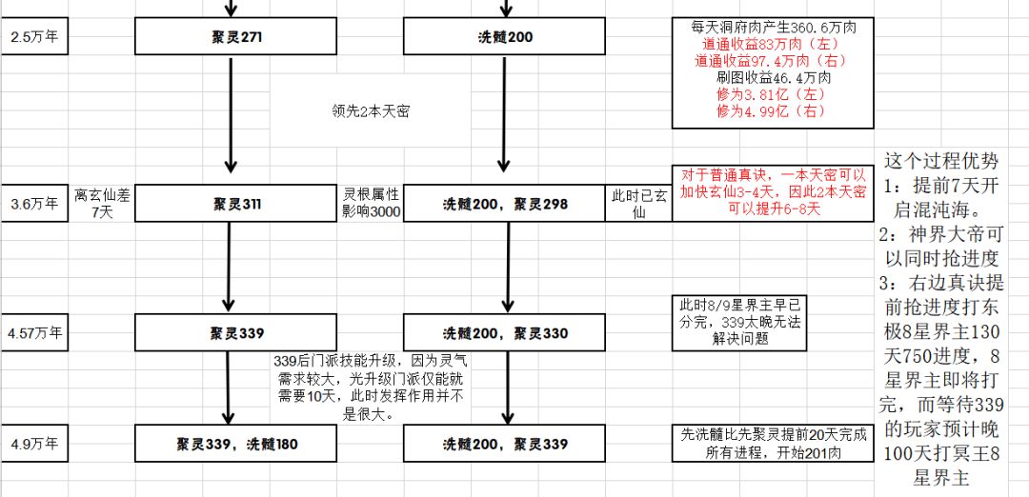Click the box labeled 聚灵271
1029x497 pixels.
point(235,36)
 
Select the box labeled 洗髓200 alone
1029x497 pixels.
point(504,36)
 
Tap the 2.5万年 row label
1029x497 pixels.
point(34,36)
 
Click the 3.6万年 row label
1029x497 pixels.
point(34,203)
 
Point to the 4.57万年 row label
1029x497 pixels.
point(34,332)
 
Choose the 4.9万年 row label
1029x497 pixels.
point(34,444)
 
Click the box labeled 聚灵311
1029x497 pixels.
point(235,203)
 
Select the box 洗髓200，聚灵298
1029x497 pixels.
point(504,203)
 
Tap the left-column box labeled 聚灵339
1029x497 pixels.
point(235,332)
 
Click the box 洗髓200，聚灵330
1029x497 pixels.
point(504,332)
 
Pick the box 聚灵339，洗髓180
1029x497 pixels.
point(235,444)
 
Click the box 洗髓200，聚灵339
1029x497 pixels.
point(504,444)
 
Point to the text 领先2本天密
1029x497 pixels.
point(371,110)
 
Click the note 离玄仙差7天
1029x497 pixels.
point(101,203)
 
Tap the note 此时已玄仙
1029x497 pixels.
point(638,204)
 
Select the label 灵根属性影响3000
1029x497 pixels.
point(371,203)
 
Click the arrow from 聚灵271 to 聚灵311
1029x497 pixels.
point(231,114)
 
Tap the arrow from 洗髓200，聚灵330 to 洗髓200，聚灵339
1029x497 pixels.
point(507,388)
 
